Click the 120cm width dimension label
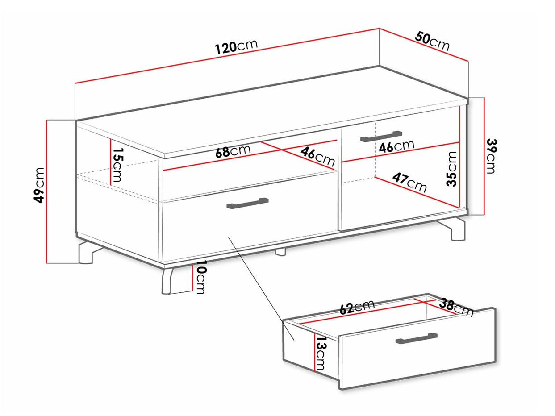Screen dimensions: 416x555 [236, 46]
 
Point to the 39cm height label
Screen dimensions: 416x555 [491, 156]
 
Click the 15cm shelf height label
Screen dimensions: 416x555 [117, 165]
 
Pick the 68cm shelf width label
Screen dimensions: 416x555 [233, 151]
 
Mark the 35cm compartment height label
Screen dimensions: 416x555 [452, 168]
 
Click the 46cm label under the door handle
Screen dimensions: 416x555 [396, 146]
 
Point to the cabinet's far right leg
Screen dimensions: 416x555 [458, 229]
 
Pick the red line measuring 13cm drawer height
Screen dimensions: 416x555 [315, 351]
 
